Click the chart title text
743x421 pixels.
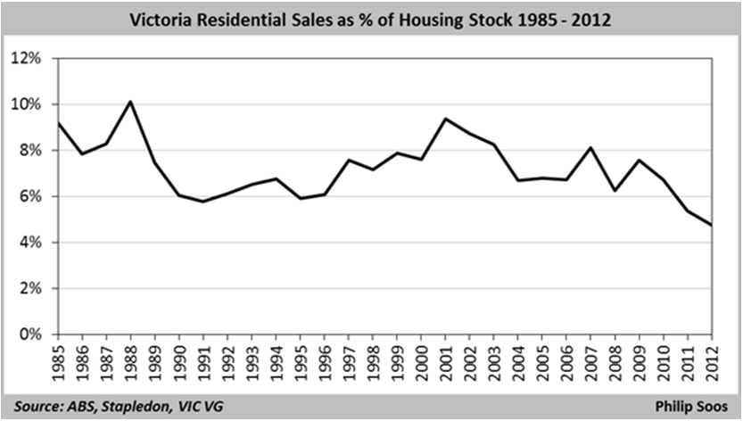(370, 20)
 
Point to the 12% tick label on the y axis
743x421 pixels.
(27, 58)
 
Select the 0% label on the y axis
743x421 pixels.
(30, 334)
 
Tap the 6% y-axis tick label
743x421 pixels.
(30, 196)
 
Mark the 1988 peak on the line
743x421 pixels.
(130, 102)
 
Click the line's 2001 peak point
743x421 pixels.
(445, 119)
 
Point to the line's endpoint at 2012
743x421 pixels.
(712, 225)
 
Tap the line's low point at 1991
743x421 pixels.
(203, 202)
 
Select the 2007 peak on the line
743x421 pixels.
(590, 147)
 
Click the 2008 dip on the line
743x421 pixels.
(615, 191)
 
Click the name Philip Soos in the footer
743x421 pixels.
(691, 407)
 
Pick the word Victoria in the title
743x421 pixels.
(161, 20)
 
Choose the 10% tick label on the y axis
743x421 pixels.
(27, 104)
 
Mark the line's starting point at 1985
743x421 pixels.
(58, 122)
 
